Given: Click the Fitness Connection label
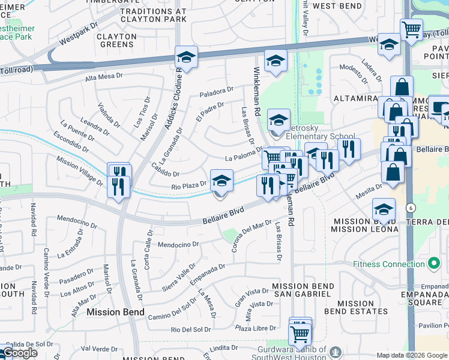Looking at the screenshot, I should point(389,264).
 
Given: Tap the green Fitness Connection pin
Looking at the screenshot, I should point(434,263).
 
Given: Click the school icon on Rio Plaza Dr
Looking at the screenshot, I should point(221,181).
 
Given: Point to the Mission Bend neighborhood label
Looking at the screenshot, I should point(115,312).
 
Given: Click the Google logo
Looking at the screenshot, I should point(20,353).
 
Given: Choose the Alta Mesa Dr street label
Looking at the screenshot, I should point(103,78).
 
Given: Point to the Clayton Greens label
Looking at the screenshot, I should point(116,40).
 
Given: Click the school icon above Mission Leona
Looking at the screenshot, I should point(384,209).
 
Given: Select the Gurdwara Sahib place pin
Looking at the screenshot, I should point(336,351).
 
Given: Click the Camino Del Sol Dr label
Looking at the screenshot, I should point(172,308).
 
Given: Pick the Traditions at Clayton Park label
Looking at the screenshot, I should point(154,15).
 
